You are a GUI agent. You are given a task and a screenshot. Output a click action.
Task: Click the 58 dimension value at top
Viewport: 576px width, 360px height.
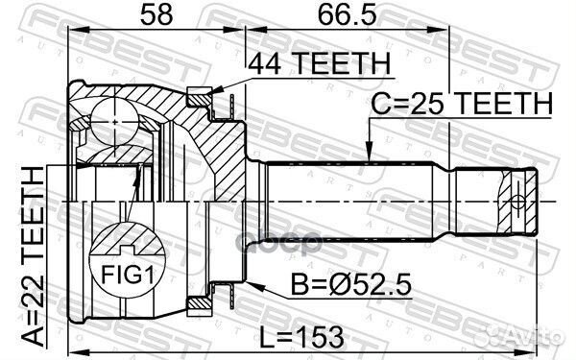click(x=156, y=15)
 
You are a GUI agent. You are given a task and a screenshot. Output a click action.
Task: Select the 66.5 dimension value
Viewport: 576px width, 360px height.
click(x=348, y=15)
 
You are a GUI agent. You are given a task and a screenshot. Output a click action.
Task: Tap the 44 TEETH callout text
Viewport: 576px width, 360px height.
click(x=320, y=63)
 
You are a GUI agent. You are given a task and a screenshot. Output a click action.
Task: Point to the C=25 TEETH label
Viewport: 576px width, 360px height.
click(x=462, y=104)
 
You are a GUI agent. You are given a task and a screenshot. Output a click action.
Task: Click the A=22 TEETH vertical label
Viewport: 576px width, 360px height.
click(x=33, y=256)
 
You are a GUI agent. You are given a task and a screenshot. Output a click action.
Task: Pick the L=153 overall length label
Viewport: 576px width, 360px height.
click(x=302, y=337)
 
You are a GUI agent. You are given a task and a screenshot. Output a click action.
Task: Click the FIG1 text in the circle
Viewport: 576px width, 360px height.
click(x=127, y=275)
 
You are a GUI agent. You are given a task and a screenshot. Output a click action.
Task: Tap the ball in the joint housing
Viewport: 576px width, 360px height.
click(x=115, y=122)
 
